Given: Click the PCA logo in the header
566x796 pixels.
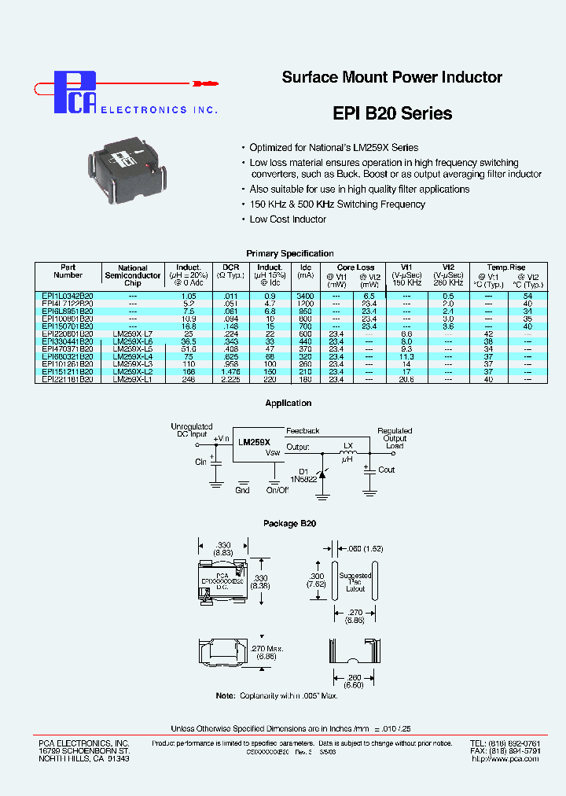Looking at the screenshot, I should [74, 92].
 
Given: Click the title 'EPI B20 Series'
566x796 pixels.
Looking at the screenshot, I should [392, 113].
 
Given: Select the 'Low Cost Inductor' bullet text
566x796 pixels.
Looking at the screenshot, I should [288, 219].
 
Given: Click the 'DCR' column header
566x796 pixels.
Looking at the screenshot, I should [230, 267].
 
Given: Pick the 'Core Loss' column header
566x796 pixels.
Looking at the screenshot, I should [355, 267].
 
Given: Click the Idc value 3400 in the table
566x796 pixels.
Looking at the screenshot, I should [307, 295].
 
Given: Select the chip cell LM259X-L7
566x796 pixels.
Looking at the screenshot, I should [133, 334].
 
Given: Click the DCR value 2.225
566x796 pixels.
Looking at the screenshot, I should [230, 379].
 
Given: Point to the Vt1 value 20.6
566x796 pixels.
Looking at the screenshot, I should [406, 379].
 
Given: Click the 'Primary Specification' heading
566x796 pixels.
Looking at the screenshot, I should [290, 253].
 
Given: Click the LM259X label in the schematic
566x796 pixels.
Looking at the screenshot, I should [255, 443].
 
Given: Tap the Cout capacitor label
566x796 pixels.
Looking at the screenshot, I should [387, 470].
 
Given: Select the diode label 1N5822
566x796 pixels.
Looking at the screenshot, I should [303, 477].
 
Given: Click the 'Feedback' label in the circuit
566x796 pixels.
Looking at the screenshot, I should [303, 431].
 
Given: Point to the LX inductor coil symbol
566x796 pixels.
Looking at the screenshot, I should [347, 454].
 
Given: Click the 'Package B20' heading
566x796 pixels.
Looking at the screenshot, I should [290, 523].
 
